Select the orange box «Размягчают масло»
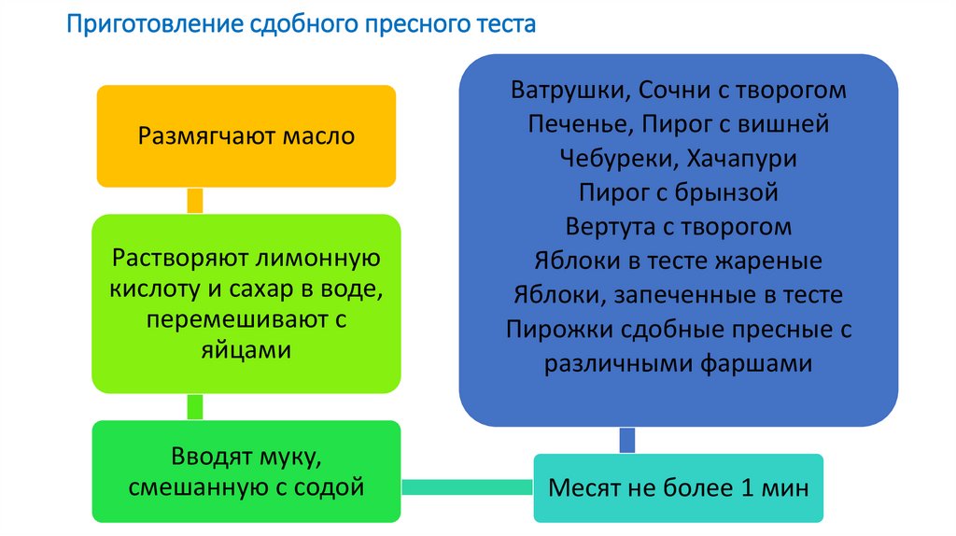click(246, 136)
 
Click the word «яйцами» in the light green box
click(246, 350)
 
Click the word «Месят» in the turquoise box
click(586, 488)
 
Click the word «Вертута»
click(611, 227)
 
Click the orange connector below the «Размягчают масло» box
click(195, 201)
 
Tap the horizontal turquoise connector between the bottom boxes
click(467, 487)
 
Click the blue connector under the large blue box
click(627, 439)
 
